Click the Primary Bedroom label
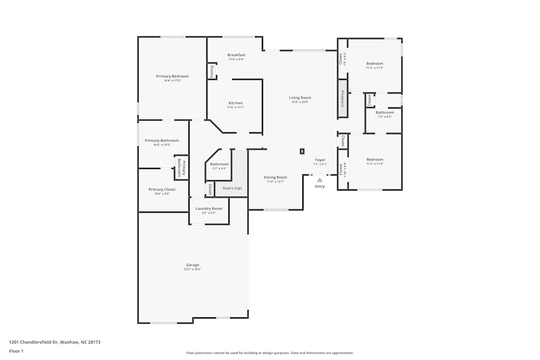(x=172, y=77)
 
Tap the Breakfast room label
(x=236, y=55)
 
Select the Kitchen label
(x=235, y=103)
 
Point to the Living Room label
(x=300, y=98)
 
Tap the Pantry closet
(x=212, y=71)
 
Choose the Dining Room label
(x=275, y=178)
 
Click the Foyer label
(x=320, y=160)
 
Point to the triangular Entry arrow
(x=320, y=180)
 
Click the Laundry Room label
(x=208, y=209)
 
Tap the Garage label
(x=193, y=265)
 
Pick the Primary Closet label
(x=162, y=189)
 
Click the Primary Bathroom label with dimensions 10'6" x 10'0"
(x=161, y=141)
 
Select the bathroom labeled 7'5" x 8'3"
(x=384, y=113)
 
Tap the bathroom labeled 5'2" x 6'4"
(x=219, y=165)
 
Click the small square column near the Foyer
(x=302, y=152)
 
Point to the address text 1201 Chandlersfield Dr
(x=55, y=342)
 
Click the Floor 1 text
(x=16, y=351)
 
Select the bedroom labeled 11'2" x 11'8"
(x=375, y=160)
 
